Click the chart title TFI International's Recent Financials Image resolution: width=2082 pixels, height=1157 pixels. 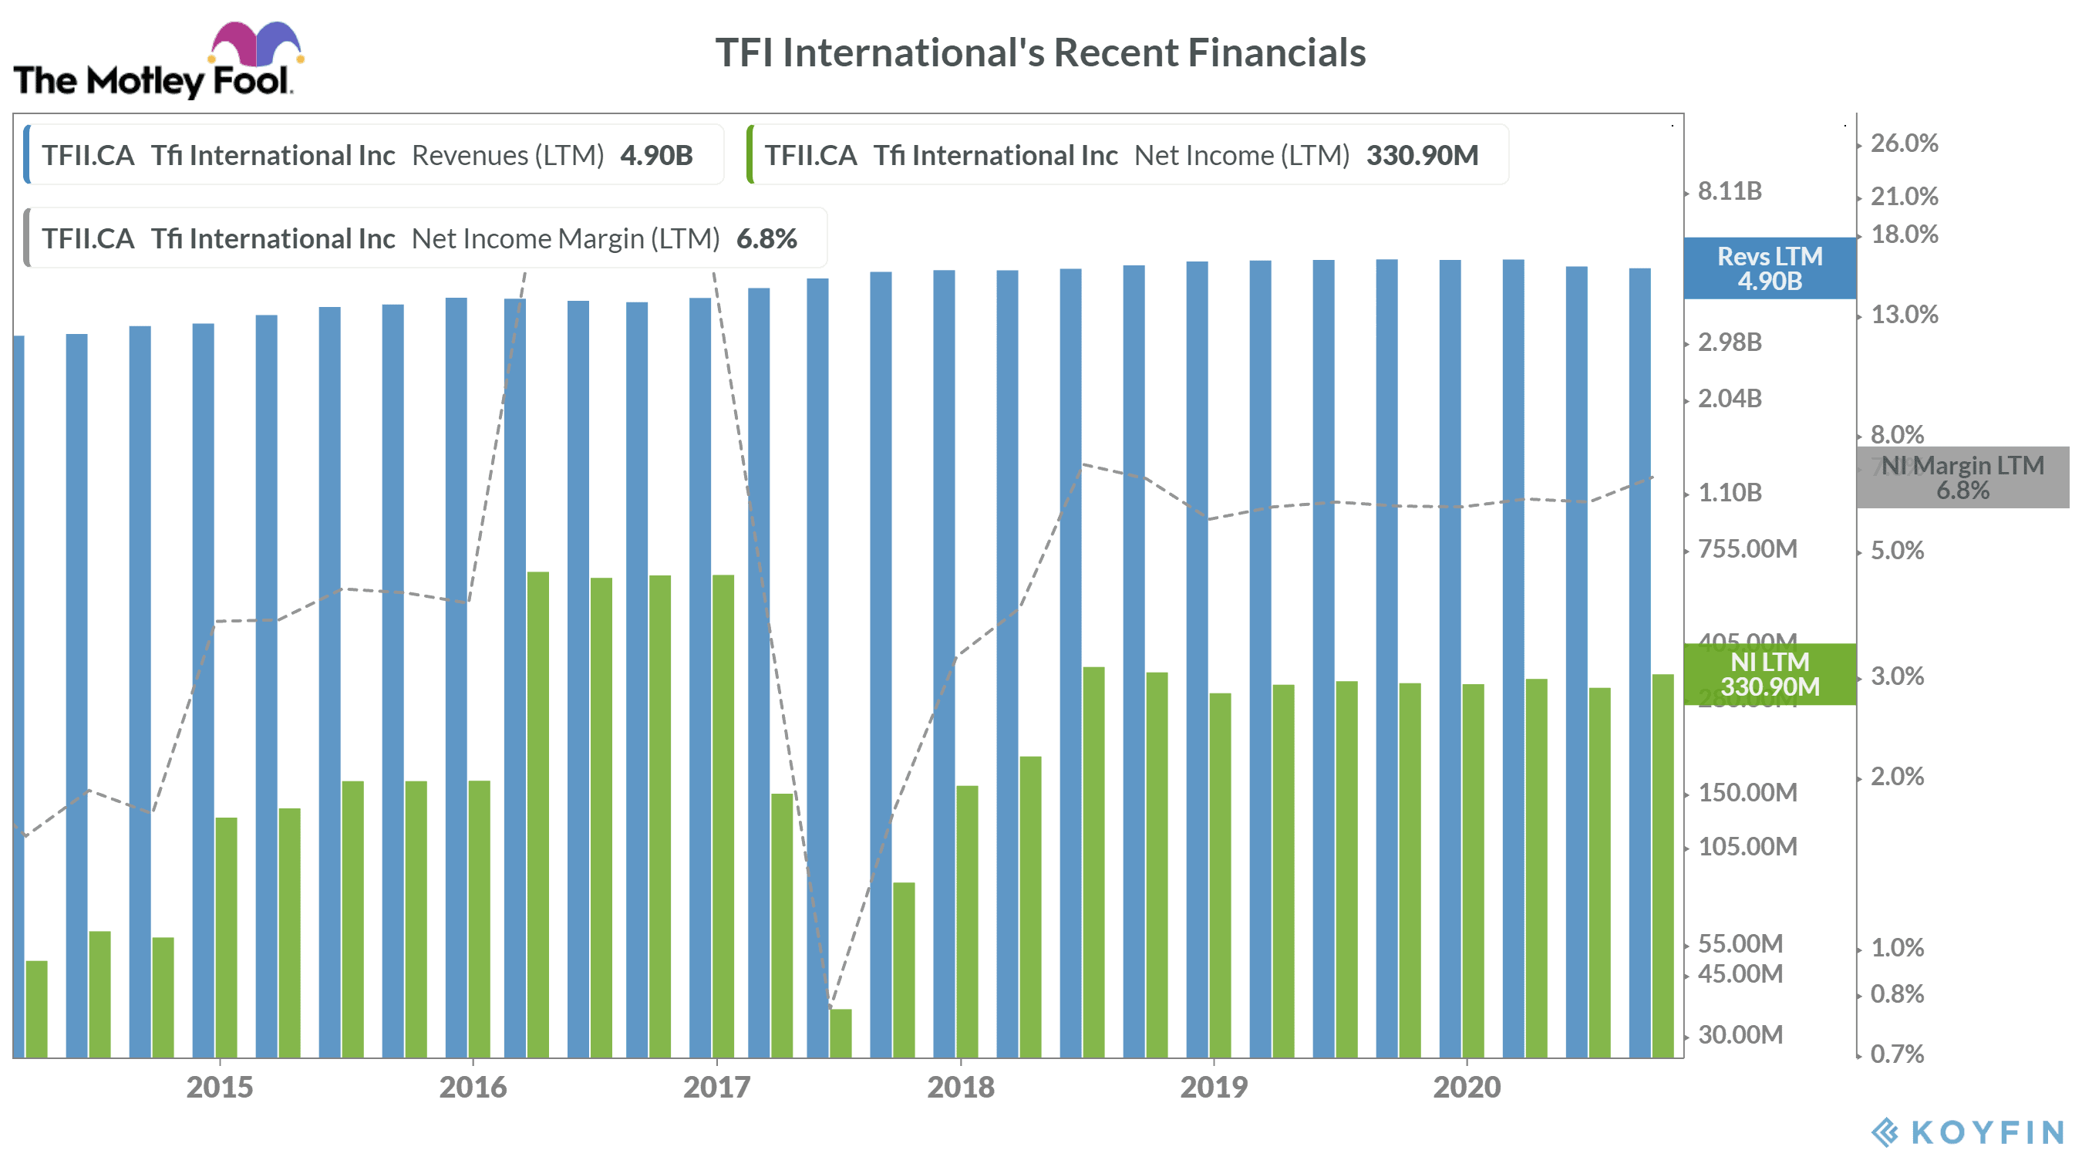pos(1040,52)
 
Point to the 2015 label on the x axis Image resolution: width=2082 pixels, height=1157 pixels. pos(219,1087)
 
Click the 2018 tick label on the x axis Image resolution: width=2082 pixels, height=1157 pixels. pos(960,1087)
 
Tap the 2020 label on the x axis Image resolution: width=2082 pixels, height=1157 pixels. pos(1466,1087)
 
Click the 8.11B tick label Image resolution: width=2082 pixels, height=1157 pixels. pos(1730,191)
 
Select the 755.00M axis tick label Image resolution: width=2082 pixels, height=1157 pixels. pos(1747,549)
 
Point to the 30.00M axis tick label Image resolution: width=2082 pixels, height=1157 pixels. pos(1740,1034)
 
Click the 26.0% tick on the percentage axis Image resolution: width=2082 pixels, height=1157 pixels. pos(1904,143)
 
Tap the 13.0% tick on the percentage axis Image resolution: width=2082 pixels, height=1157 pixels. pos(1904,315)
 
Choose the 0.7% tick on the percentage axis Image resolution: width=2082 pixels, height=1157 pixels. pos(1897,1054)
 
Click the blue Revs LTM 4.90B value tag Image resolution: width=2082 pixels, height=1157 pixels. pos(1769,268)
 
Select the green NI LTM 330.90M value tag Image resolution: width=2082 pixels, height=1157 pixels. pos(1769,674)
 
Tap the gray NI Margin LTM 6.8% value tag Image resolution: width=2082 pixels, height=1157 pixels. pos(1962,477)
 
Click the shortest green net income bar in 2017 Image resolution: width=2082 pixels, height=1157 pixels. pos(841,1033)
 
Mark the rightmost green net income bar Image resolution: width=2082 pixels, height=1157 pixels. pos(1663,865)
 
